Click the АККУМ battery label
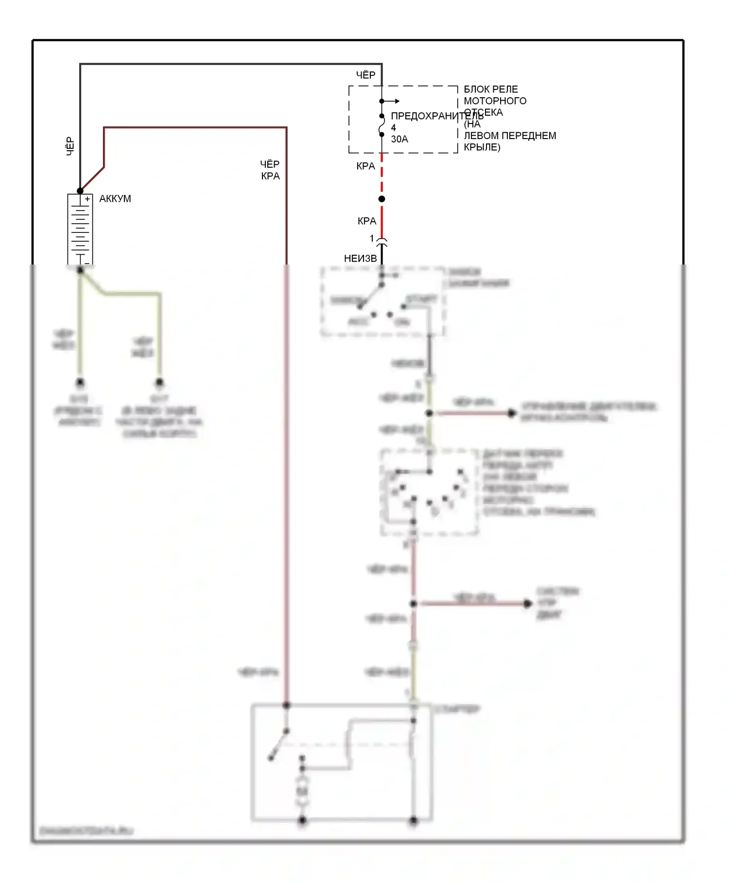(115, 198)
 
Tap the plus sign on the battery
(87, 199)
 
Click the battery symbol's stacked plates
(80, 229)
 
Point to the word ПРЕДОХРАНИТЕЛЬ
(436, 116)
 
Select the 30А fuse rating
(399, 139)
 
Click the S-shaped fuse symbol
(382, 125)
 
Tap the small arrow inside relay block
(395, 101)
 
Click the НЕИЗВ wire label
(360, 259)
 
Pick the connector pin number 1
(372, 238)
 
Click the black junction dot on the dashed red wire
(382, 199)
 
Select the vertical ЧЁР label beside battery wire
(70, 146)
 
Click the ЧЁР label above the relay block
(365, 75)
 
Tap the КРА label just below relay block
(365, 166)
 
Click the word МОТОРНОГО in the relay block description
(495, 101)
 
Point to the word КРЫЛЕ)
(482, 147)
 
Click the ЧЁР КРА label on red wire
(270, 170)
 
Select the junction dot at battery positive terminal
(80, 191)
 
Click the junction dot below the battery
(80, 270)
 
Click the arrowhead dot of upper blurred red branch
(511, 413)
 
